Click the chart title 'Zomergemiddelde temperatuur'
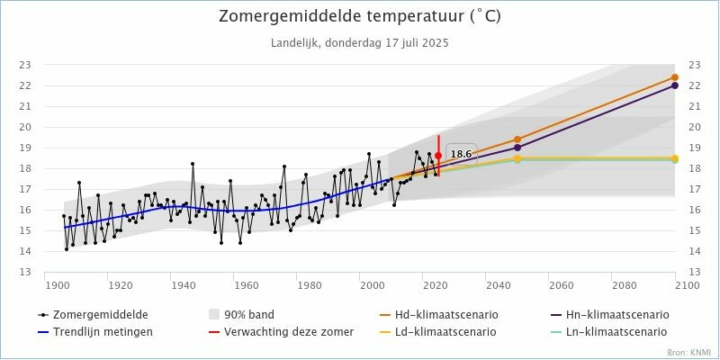pyautogui.click(x=359, y=17)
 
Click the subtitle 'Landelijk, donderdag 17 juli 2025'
pyautogui.click(x=359, y=42)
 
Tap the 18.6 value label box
pyautogui.click(x=461, y=154)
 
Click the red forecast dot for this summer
pyautogui.click(x=438, y=156)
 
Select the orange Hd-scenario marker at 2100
pyautogui.click(x=674, y=77)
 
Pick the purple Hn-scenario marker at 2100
pyautogui.click(x=674, y=85)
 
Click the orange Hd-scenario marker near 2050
pyautogui.click(x=517, y=139)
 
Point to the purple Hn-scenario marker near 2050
pyautogui.click(x=517, y=148)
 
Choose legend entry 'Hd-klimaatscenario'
pyautogui.click(x=446, y=315)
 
